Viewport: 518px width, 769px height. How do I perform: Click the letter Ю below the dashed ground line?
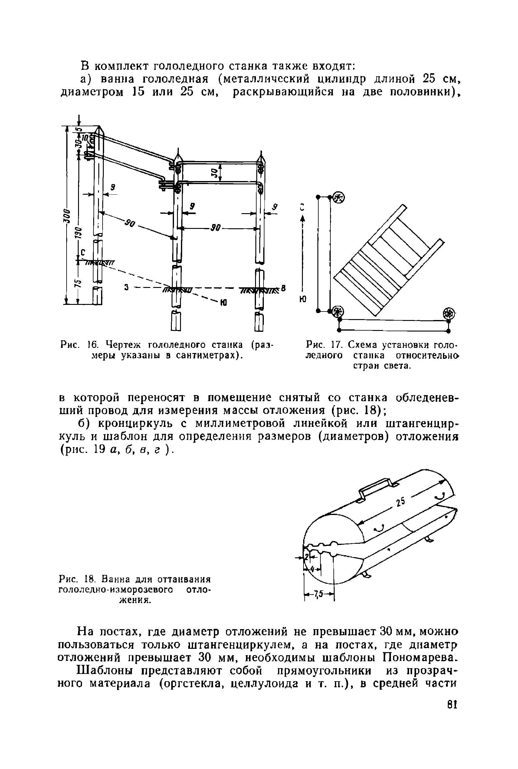click(223, 302)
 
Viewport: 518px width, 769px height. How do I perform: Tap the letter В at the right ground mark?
click(283, 289)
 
